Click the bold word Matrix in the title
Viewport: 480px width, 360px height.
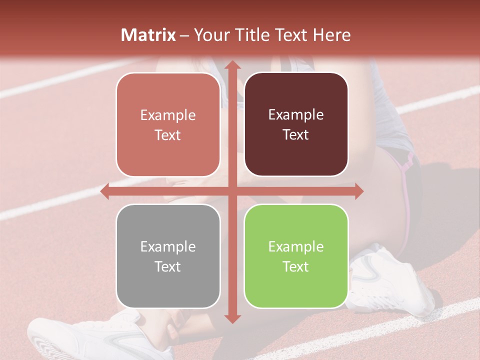pyautogui.click(x=148, y=35)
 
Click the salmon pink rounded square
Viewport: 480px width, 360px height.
pyautogui.click(x=168, y=125)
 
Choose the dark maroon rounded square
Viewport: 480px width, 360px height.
pyautogui.click(x=296, y=125)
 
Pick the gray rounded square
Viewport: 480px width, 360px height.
pyautogui.click(x=168, y=256)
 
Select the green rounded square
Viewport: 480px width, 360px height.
pyautogui.click(x=296, y=256)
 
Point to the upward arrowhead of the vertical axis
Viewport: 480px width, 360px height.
pyautogui.click(x=232, y=65)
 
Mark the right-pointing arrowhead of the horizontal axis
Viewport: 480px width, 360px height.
pyautogui.click(x=358, y=191)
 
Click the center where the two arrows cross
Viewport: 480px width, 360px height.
pyautogui.click(x=232, y=191)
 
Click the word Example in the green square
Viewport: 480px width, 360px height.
pyautogui.click(x=296, y=246)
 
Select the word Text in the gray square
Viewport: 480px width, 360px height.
pyautogui.click(x=168, y=266)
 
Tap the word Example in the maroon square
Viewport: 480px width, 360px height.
pyautogui.click(x=296, y=115)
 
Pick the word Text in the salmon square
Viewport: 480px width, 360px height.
pyautogui.click(x=168, y=135)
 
